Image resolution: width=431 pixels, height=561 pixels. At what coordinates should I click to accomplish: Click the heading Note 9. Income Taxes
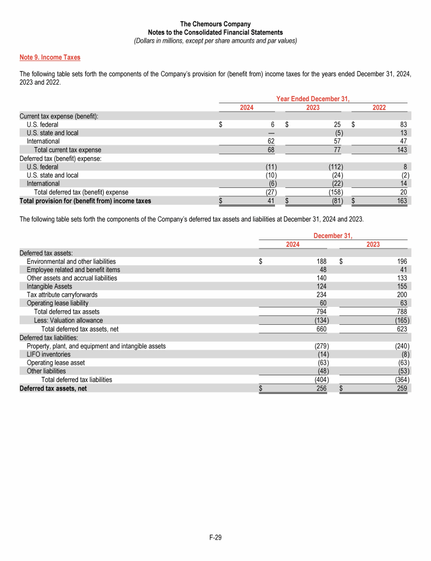[x=50, y=57]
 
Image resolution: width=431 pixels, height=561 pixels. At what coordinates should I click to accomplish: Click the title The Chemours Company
[x=215, y=24]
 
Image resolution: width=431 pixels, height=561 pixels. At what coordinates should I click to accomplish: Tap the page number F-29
[x=215, y=537]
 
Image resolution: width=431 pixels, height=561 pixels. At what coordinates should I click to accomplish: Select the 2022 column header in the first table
[x=379, y=107]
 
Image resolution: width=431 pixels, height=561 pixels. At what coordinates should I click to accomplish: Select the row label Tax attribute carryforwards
[x=62, y=295]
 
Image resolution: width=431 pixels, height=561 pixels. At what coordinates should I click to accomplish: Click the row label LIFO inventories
[x=48, y=355]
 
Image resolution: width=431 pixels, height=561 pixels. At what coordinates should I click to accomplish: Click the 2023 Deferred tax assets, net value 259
[x=402, y=388]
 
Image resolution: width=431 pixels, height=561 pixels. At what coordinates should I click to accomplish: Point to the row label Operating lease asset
[x=56, y=363]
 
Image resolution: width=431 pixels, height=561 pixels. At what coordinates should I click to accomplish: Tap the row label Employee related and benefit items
[x=74, y=269]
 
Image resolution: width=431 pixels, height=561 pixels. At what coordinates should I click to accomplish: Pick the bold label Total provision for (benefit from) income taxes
[x=85, y=200]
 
